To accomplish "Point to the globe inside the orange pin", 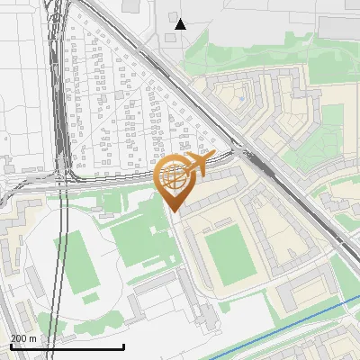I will (174, 177).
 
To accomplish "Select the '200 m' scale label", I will (23, 337).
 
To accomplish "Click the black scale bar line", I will (67, 346).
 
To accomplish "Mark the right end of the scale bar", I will (123, 346).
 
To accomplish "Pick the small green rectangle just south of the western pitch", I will (90, 297).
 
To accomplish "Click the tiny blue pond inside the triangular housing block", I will (241, 96).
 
